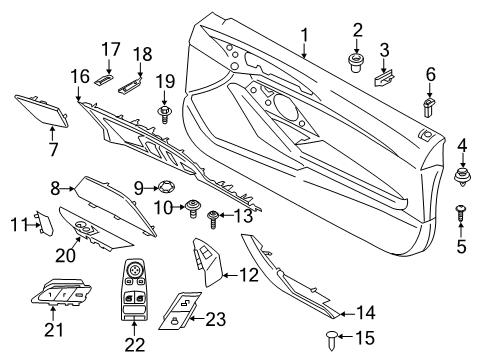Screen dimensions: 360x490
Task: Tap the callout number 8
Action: (x=56, y=187)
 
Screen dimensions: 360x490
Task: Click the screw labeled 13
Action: (x=213, y=215)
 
